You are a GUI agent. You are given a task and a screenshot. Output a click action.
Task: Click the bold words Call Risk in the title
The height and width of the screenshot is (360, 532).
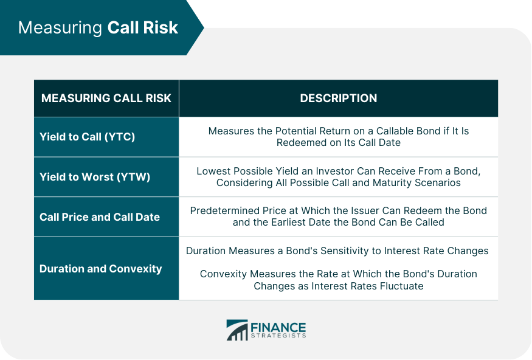[x=143, y=28]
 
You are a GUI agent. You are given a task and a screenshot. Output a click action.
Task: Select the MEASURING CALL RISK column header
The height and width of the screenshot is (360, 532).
[x=106, y=98]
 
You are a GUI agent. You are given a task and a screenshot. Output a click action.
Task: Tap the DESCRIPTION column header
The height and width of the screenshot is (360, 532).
[x=338, y=98]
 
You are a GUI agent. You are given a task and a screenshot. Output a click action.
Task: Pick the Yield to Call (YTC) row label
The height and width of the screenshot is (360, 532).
[x=87, y=137]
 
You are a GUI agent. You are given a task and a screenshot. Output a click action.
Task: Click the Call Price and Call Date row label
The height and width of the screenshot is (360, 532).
[x=100, y=216]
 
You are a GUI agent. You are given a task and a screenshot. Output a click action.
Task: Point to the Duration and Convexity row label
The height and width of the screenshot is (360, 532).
[x=100, y=268]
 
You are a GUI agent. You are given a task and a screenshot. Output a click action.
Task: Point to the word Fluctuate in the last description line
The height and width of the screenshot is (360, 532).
[x=401, y=285]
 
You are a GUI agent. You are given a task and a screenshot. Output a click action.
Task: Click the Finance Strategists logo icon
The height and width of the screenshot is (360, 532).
[x=237, y=330]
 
